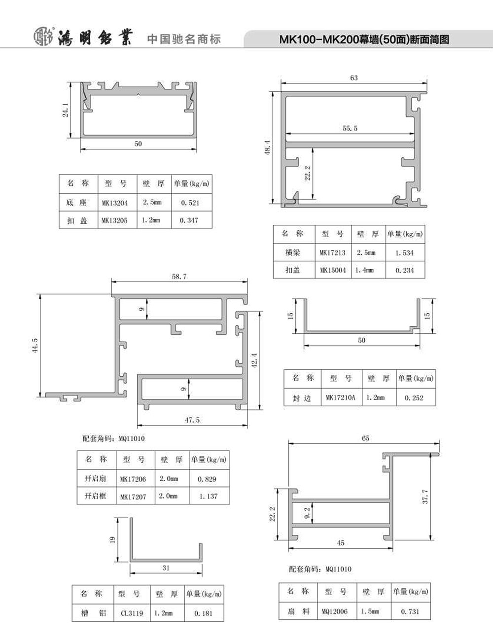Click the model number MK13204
[x=115, y=203]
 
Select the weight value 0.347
[x=189, y=220]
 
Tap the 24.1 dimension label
[x=66, y=110]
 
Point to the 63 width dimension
[x=354, y=78]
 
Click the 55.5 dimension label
[x=350, y=128]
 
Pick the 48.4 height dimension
[x=267, y=147]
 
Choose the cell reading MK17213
[x=333, y=253]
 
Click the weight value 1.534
[x=405, y=253]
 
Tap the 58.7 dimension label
[x=179, y=277]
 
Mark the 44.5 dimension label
[x=35, y=346]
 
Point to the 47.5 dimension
[x=192, y=420]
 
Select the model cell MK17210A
[x=341, y=397]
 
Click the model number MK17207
[x=133, y=497]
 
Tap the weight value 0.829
[x=207, y=479]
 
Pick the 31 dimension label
[x=166, y=568]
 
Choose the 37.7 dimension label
[x=425, y=497]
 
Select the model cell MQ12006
[x=335, y=612]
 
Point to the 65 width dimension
[x=366, y=438]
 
